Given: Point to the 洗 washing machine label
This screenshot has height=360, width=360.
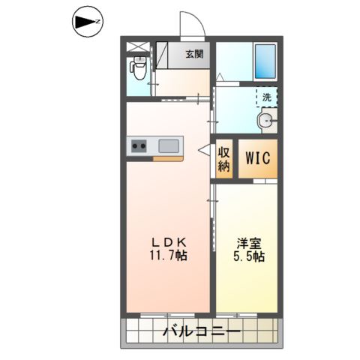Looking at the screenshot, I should coord(267,96).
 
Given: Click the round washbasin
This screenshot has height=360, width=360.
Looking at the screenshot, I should coord(266,123).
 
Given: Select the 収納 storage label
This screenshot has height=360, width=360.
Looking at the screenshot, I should coord(223,159).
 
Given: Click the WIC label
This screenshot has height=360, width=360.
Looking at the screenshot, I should coord(257,159).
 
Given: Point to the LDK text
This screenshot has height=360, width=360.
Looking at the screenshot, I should coord(168,242).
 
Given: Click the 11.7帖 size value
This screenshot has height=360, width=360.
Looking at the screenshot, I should coord(168,256).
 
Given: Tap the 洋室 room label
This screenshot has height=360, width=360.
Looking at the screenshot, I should coord(248,242).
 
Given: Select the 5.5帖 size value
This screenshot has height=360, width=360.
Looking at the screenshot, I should coord(248,256).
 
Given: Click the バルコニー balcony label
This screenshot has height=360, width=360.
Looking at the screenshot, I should coord(200,331).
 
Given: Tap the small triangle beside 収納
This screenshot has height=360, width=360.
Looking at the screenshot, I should coord(203,151).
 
